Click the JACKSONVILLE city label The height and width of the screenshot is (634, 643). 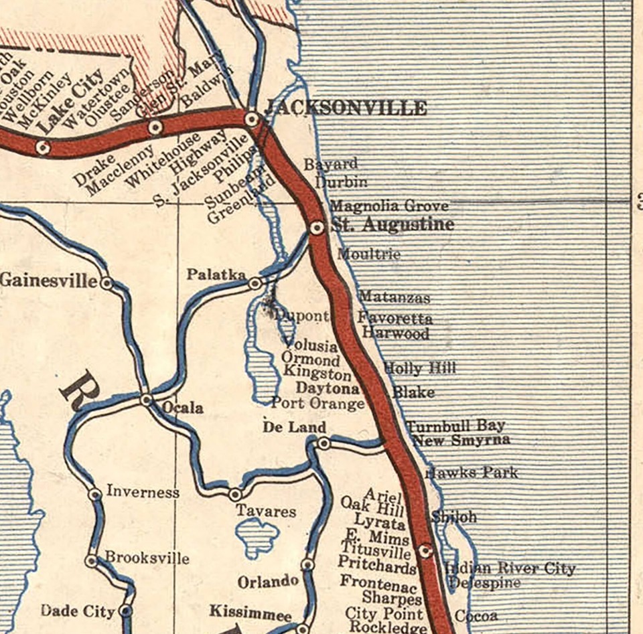[x=346, y=108]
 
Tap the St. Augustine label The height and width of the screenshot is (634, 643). [x=392, y=224]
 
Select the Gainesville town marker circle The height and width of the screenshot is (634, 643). [x=106, y=283]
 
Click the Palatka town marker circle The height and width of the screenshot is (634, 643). [x=255, y=284]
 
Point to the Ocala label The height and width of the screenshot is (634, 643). [x=182, y=407]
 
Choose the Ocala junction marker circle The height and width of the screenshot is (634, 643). [x=147, y=400]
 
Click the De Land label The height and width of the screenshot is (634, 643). [x=294, y=427]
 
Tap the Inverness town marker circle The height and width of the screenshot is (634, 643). [x=95, y=494]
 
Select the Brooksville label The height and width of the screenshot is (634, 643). [x=147, y=558]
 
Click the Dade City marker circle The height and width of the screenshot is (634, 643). [x=125, y=611]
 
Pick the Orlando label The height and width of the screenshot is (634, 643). [x=268, y=582]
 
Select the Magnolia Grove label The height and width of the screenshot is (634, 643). [x=389, y=206]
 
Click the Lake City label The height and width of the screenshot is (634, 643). [x=70, y=100]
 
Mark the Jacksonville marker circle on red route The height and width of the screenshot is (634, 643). [x=253, y=120]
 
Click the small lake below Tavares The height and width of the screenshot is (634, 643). [x=257, y=536]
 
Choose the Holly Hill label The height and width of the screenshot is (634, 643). [x=419, y=368]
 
